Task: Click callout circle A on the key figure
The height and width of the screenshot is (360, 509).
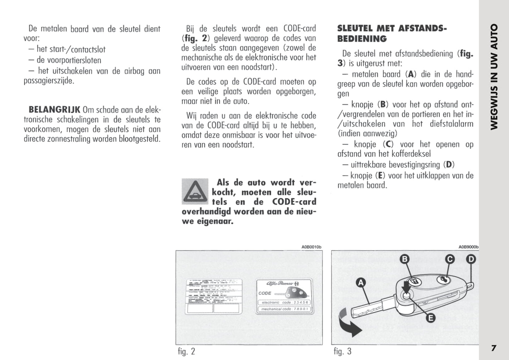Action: click(x=360, y=283)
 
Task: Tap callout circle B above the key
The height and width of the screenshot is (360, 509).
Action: click(x=405, y=260)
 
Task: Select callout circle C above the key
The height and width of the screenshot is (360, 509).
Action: click(x=450, y=260)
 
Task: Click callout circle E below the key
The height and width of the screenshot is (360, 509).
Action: click(x=430, y=318)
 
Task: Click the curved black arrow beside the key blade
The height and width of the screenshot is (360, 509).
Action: click(x=349, y=322)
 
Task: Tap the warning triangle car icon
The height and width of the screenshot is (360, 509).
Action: click(x=195, y=191)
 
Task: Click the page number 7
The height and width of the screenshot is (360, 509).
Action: click(x=494, y=348)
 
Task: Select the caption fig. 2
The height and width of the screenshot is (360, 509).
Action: click(x=186, y=351)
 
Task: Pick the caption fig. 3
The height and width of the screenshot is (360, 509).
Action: click(x=342, y=351)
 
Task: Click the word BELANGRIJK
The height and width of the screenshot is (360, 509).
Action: click(x=54, y=109)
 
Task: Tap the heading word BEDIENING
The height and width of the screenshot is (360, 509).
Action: click(x=362, y=39)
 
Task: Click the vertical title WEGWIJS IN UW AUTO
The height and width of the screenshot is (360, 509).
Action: click(x=494, y=77)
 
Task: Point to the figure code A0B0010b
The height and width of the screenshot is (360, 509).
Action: click(x=311, y=247)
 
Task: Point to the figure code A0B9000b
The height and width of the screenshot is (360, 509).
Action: click(x=468, y=247)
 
